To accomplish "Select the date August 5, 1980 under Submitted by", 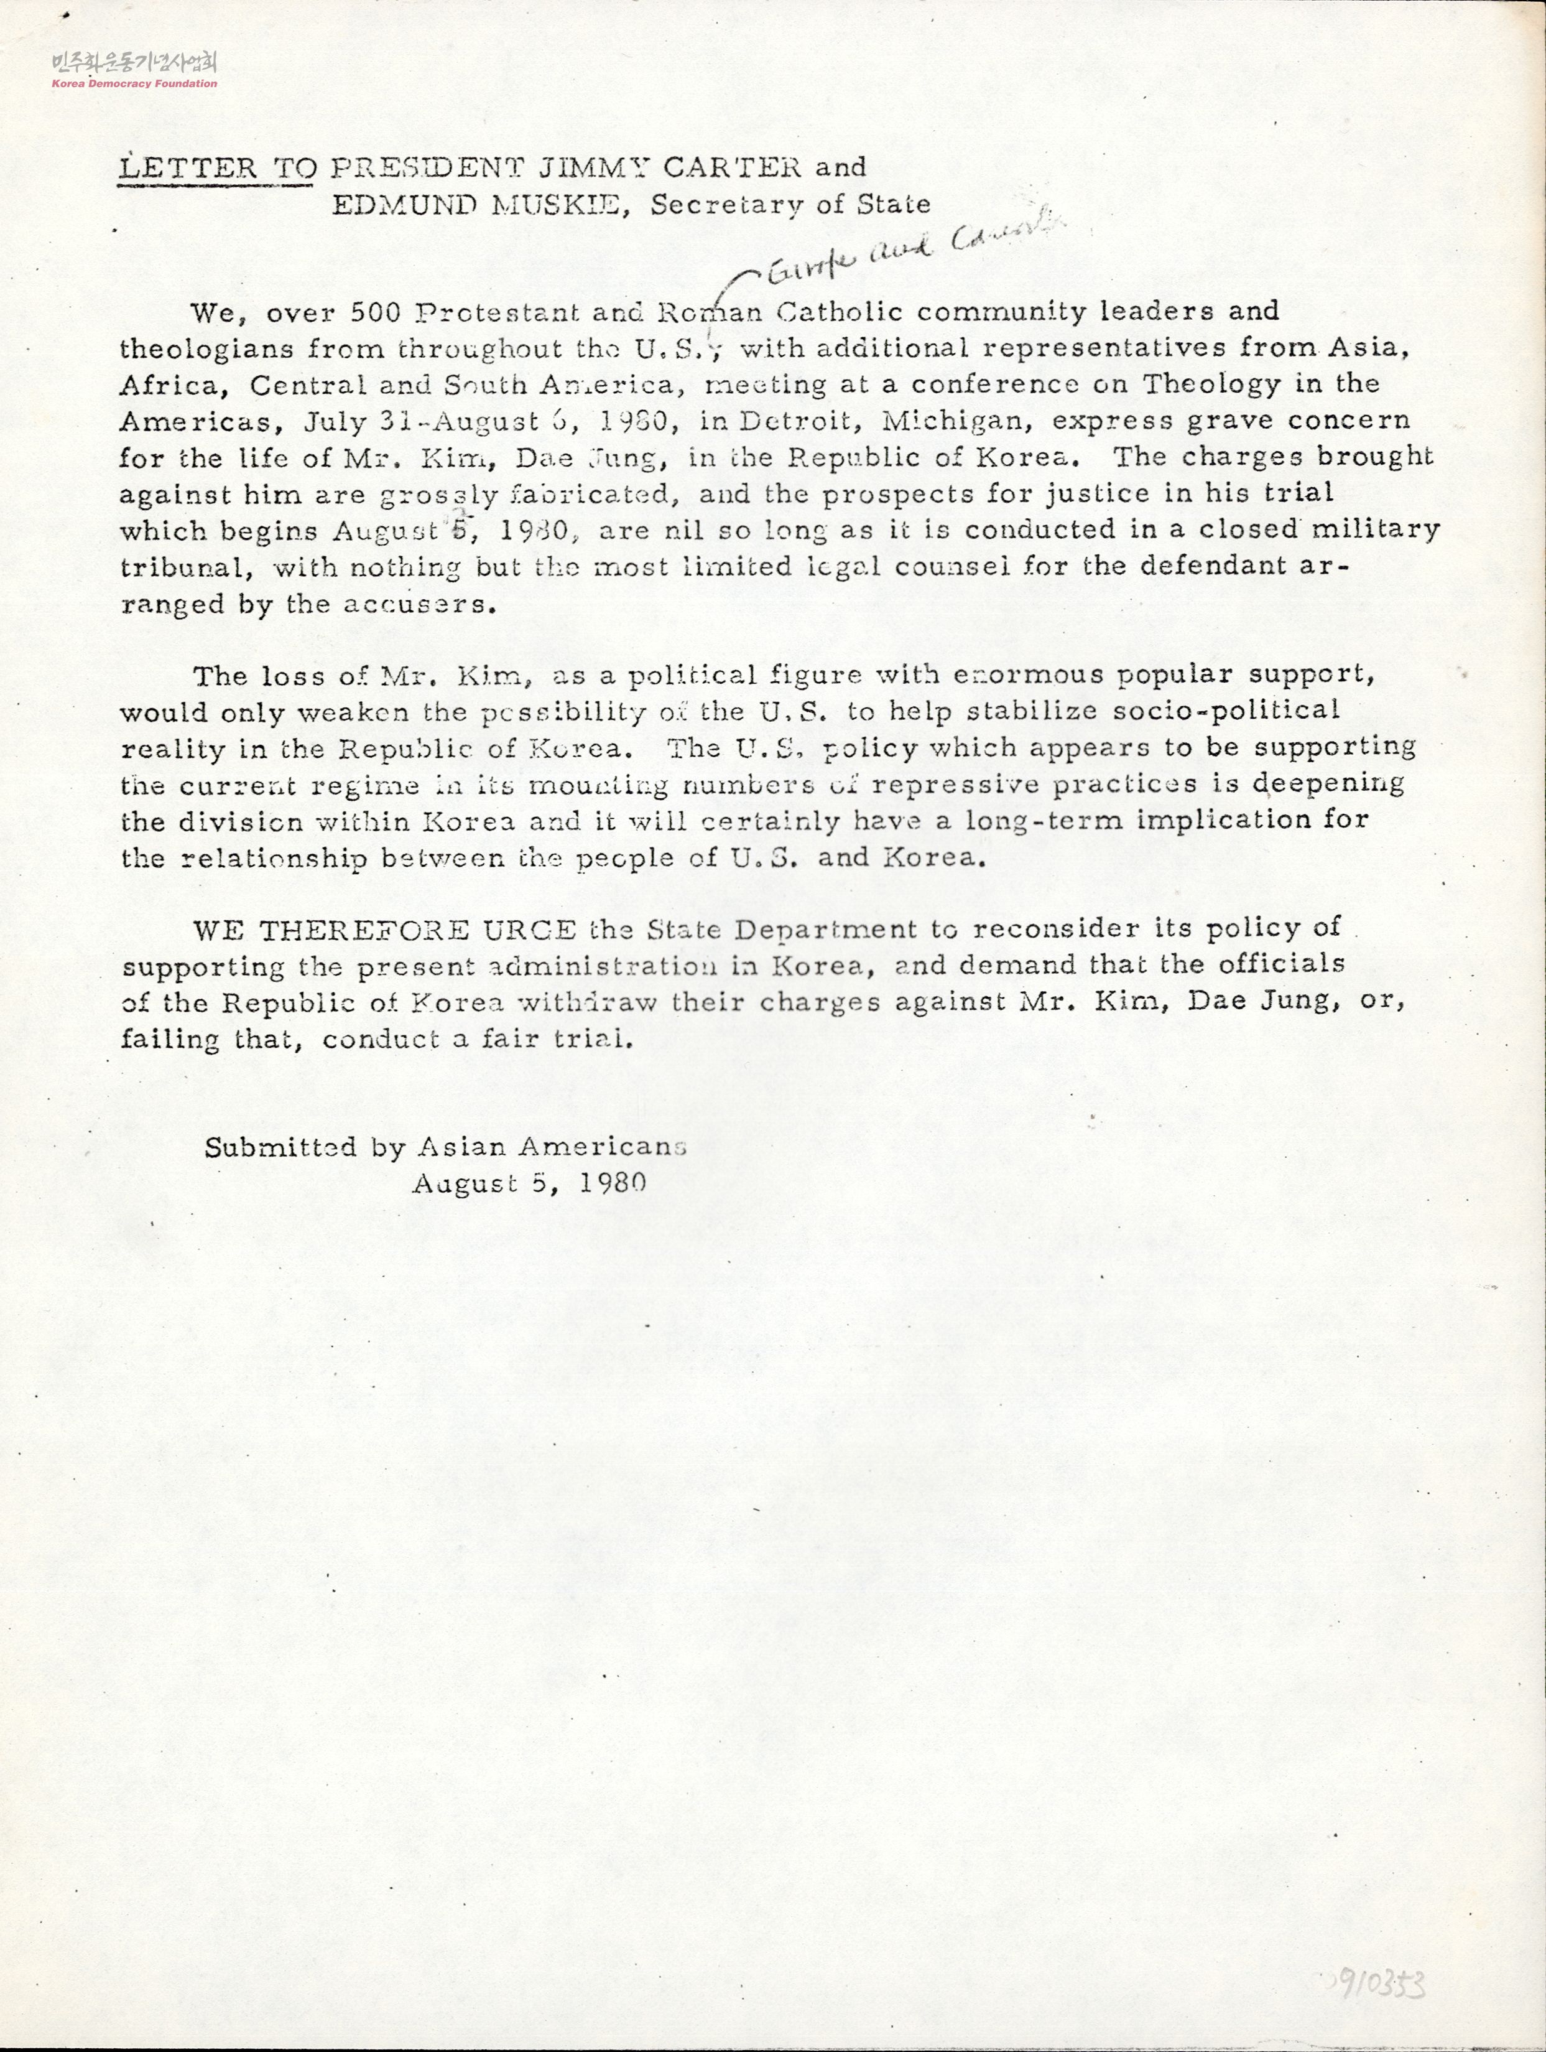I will click(x=529, y=1183).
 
